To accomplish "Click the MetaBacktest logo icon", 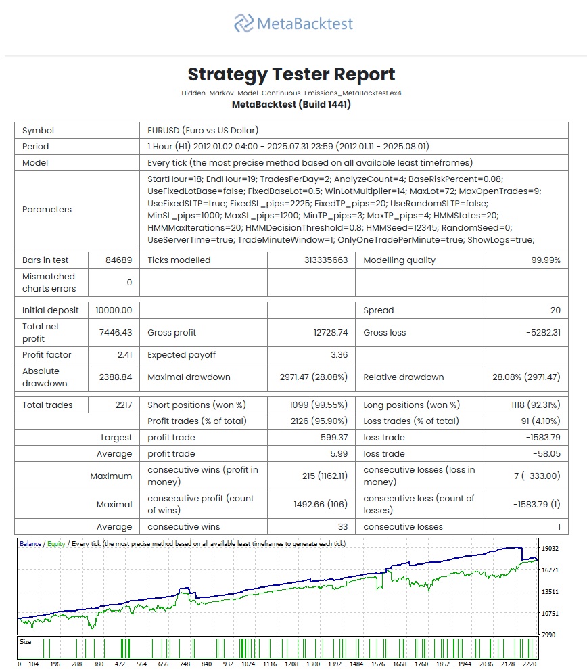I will tap(243, 24).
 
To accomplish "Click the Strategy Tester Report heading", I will tap(291, 74).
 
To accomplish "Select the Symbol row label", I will tap(38, 131).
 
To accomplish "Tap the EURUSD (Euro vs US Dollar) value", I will tap(203, 131).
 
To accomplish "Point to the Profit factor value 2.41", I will tap(122, 355).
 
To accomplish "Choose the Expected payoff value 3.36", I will tap(338, 355).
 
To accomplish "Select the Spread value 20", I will tap(555, 310).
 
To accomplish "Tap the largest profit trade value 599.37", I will tap(333, 438).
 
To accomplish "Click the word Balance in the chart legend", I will tap(30, 544).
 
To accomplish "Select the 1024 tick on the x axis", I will tap(248, 664).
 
